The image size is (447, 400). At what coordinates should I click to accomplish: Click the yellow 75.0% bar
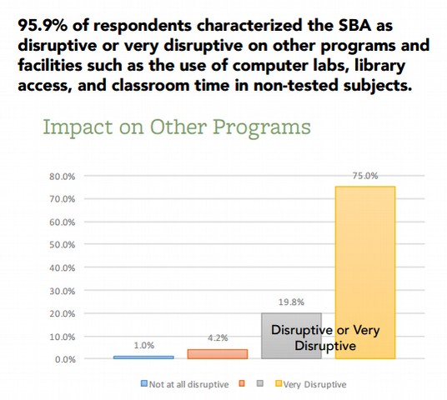[x=365, y=272]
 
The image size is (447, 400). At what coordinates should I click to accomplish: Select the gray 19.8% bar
[x=291, y=336]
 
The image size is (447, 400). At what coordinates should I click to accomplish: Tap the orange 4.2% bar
[x=218, y=354]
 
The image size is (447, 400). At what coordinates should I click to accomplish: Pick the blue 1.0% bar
[x=143, y=357]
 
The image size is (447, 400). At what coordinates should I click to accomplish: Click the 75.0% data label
[x=365, y=176]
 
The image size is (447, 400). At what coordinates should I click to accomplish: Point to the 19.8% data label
[x=291, y=302]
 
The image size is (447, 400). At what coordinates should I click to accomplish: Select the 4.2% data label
[x=218, y=337]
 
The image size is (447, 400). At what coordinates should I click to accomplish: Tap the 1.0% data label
[x=144, y=345]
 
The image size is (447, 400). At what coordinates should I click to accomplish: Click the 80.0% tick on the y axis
[x=63, y=177]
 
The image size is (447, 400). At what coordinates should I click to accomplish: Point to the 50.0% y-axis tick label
[x=63, y=245]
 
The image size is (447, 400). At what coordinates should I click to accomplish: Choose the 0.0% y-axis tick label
[x=65, y=359]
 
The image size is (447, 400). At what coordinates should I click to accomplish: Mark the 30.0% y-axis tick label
[x=63, y=291]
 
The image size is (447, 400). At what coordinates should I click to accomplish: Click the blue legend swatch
[x=144, y=383]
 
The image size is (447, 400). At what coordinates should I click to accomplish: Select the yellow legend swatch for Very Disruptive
[x=279, y=383]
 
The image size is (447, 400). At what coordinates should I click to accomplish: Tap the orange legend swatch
[x=242, y=383]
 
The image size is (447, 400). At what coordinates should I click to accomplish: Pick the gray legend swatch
[x=260, y=383]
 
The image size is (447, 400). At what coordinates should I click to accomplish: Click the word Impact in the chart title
[x=78, y=127]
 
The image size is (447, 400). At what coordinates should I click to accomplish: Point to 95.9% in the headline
[x=43, y=25]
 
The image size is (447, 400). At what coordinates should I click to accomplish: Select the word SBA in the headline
[x=355, y=25]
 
